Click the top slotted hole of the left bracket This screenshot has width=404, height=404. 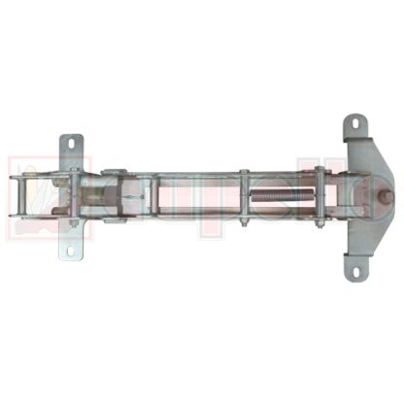point(71,146)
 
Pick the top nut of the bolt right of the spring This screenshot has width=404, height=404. point(319,172)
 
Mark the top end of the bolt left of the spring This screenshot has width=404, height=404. point(244,174)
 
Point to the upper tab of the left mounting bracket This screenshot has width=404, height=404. point(71,151)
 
